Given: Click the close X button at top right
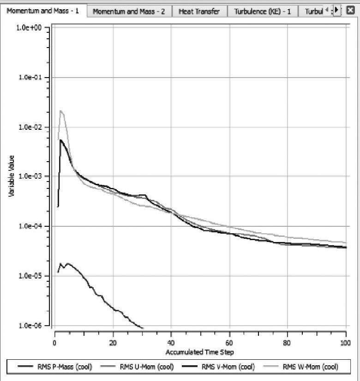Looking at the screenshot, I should (350, 10).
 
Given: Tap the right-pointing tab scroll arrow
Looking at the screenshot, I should (336, 10).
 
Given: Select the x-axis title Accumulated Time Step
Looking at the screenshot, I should (199, 352).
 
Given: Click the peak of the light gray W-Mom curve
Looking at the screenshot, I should (60, 111).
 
